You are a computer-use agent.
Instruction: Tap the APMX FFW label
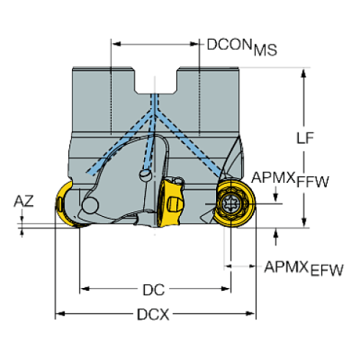tap(289, 179)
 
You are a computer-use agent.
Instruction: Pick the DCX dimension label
tap(154, 316)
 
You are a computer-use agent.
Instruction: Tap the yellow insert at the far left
tap(61, 206)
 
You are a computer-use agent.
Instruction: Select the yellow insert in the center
tap(173, 201)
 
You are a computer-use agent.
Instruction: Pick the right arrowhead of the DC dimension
tap(228, 287)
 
